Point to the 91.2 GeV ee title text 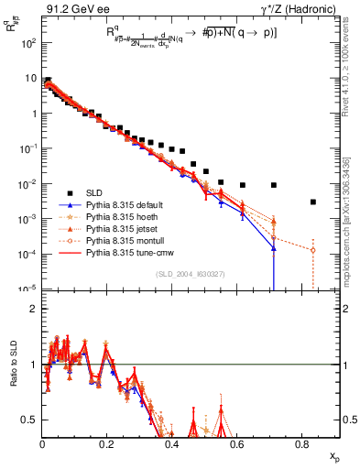coord(72,11)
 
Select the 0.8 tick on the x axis coord(302,443)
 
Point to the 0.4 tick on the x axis coord(172,443)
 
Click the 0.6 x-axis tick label coord(237,443)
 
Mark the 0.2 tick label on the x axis coord(107,443)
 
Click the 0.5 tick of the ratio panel coord(31,420)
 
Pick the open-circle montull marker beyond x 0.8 coord(313,250)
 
